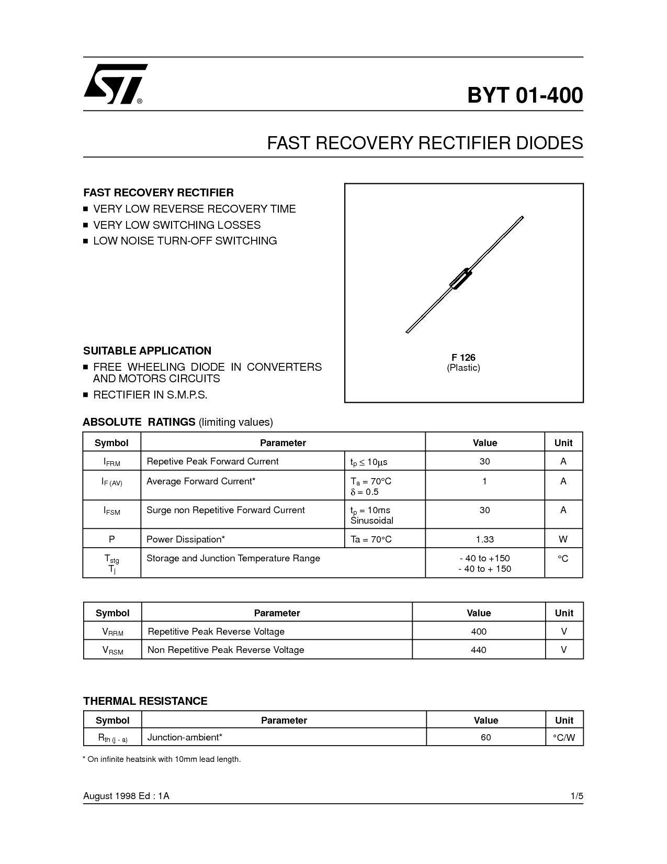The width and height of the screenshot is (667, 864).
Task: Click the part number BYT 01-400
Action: coord(525,95)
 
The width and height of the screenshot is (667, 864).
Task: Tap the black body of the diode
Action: coord(460,279)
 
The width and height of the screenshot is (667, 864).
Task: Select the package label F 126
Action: coord(463,357)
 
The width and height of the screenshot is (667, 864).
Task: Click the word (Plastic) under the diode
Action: coord(463,368)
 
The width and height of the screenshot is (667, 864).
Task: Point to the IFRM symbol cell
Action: coord(112,461)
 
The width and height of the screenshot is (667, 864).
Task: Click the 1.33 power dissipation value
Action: coord(485,539)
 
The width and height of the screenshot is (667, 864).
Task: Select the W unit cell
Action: coord(563,539)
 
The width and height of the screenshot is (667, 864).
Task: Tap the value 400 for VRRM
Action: coord(479,632)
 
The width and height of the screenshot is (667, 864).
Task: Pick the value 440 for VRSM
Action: coord(479,650)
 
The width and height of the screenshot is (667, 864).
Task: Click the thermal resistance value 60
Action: coord(486,737)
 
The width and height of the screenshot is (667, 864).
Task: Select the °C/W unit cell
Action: coord(564,737)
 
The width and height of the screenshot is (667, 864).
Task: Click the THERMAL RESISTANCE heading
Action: coord(145,701)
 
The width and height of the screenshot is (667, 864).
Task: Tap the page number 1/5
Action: coord(577,796)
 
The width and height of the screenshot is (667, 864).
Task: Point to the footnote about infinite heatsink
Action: coord(162,759)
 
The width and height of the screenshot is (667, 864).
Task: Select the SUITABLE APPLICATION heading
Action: coord(148,351)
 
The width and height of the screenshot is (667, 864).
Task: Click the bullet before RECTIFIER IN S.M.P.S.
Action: coord(86,395)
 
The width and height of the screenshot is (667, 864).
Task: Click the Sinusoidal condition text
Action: coord(372,520)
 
